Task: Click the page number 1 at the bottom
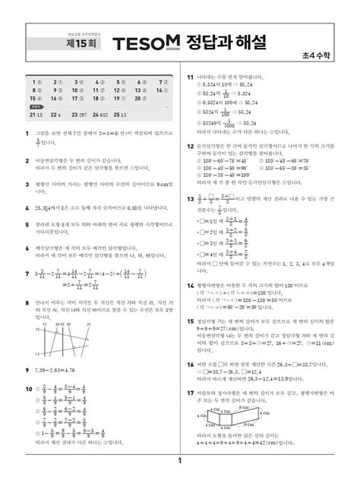click(x=180, y=462)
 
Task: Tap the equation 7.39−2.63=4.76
click(x=56, y=368)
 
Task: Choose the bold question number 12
click(x=191, y=144)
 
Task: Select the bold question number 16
click(x=191, y=363)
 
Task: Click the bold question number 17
click(x=191, y=392)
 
